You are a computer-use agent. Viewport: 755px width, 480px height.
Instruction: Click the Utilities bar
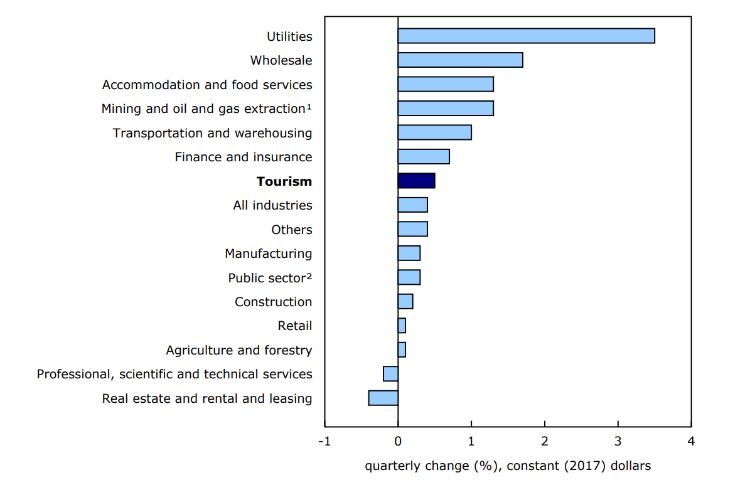[526, 36]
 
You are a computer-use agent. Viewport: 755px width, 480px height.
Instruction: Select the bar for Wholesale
[460, 60]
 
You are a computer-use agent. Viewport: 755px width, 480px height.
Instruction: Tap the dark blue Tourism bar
[416, 181]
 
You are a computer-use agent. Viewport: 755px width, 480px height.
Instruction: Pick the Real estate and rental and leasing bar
[383, 398]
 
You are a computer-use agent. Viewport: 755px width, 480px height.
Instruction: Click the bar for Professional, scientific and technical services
[390, 374]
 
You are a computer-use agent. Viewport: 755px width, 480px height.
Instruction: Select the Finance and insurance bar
[424, 157]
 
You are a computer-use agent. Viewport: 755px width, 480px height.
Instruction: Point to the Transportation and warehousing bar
[434, 132]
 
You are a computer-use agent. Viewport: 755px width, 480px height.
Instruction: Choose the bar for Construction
[405, 302]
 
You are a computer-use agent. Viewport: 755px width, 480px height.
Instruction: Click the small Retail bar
[402, 326]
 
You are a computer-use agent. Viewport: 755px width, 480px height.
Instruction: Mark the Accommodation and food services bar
[446, 84]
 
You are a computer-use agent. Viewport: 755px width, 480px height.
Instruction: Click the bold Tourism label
[284, 181]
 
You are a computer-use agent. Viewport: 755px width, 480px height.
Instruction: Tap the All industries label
[272, 205]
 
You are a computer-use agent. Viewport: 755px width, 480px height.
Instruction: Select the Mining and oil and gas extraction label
[206, 109]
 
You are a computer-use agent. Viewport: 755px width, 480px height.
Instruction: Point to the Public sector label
[270, 277]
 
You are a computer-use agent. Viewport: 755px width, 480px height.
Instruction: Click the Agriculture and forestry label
[238, 350]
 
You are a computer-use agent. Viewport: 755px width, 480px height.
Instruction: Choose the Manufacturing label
[268, 253]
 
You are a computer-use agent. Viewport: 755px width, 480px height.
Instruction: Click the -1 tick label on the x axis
[324, 441]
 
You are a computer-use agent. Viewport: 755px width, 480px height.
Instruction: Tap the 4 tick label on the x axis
[691, 441]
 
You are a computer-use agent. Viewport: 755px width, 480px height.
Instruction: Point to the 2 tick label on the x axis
[544, 441]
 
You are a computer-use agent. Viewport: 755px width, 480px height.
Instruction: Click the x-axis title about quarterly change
[508, 466]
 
